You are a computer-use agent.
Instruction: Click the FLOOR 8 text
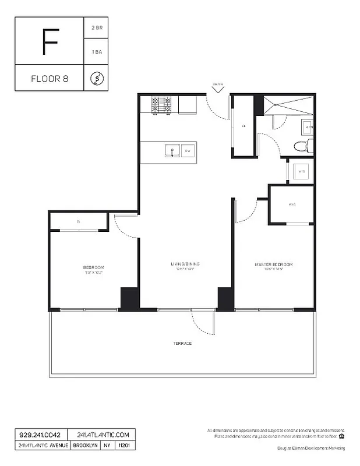tap(50, 79)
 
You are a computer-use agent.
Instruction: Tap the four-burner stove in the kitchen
tap(161, 104)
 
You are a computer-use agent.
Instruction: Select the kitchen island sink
tap(172, 151)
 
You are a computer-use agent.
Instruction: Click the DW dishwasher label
tap(188, 151)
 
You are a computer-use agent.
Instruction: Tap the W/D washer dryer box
tap(302, 172)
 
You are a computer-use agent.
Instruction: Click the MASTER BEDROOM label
tap(274, 264)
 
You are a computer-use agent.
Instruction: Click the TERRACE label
tap(182, 343)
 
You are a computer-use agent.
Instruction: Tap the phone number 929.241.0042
tap(40, 435)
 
